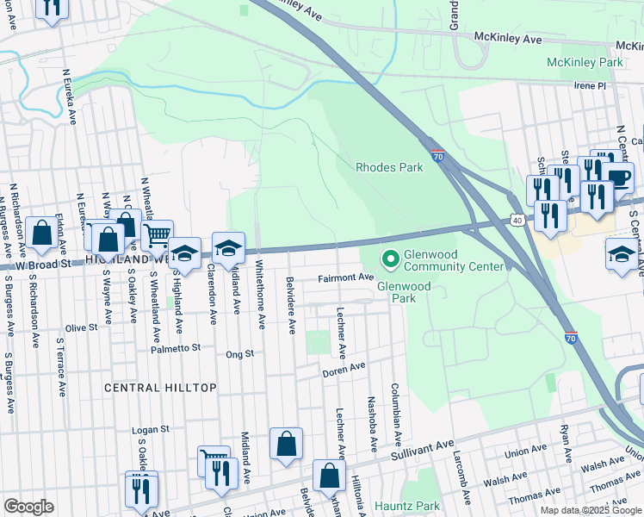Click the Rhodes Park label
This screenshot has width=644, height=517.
[x=390, y=167]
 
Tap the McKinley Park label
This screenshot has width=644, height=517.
[x=585, y=63]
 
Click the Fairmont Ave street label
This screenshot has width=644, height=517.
[x=345, y=277]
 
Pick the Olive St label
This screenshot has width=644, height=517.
[x=82, y=327]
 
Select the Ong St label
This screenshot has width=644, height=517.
[x=239, y=353]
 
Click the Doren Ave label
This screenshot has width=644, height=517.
[x=344, y=370]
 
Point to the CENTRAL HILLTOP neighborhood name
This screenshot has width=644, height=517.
[x=160, y=388]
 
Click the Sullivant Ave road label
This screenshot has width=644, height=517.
[x=421, y=450]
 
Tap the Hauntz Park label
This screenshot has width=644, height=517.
[x=408, y=506]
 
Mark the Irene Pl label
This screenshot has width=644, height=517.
[x=591, y=86]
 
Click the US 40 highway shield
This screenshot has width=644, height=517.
[x=517, y=221]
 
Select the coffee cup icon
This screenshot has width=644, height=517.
[x=619, y=178]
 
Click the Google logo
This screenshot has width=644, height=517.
[x=28, y=507]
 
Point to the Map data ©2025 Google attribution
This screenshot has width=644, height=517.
[x=590, y=510]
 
